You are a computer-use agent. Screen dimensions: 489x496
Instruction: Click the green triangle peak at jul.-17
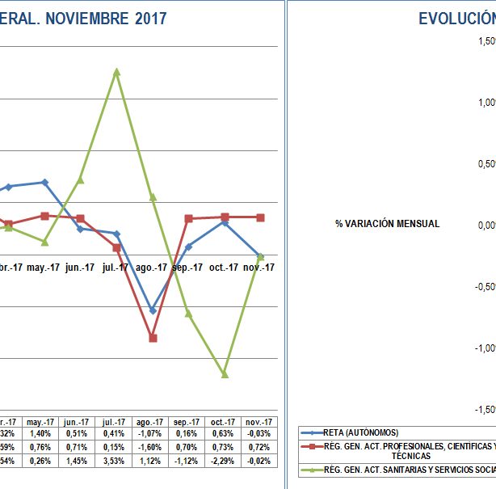click(x=117, y=72)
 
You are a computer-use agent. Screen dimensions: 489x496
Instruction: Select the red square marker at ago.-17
click(x=152, y=338)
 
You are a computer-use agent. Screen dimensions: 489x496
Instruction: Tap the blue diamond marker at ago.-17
click(x=152, y=310)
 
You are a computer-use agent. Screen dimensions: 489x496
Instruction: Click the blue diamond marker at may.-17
click(x=44, y=183)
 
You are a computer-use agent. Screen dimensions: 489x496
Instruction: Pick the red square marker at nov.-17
click(x=260, y=217)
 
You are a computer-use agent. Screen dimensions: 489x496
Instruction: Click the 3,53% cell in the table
click(x=114, y=461)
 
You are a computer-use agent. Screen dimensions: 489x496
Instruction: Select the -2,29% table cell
click(x=223, y=461)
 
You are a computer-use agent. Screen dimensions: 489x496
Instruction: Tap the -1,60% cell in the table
click(x=150, y=447)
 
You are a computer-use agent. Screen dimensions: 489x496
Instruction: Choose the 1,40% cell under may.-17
click(x=40, y=434)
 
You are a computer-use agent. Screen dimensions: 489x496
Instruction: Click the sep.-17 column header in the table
click(x=187, y=422)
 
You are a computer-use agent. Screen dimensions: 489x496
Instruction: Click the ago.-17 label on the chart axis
click(x=152, y=268)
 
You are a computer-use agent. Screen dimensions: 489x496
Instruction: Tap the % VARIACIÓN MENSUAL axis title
click(x=387, y=224)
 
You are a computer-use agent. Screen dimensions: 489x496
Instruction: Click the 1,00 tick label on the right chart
click(x=485, y=103)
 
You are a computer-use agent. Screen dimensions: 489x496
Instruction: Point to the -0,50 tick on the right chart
click(x=484, y=286)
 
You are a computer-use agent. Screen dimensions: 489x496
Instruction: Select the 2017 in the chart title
click(x=149, y=19)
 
